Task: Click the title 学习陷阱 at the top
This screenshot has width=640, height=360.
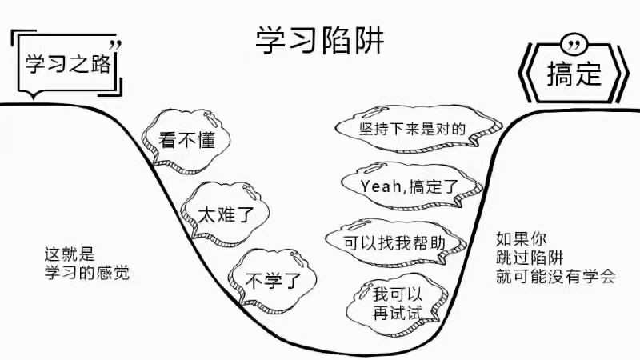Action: coord(319,40)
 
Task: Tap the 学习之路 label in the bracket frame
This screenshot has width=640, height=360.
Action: coord(68,64)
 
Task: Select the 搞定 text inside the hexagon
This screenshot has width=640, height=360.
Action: coord(574,74)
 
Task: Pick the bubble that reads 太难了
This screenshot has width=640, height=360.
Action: coord(225,214)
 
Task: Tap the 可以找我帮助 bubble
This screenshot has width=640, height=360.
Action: coord(394,242)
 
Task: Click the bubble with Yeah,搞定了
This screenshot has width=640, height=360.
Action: coord(410,186)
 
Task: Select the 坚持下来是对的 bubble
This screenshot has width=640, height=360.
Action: coord(416,129)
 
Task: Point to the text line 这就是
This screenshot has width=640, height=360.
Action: coord(70,254)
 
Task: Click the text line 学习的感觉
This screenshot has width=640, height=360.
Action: coord(87,272)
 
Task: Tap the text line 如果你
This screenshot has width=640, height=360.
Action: coord(522,238)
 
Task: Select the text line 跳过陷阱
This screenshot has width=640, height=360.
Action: coord(530,258)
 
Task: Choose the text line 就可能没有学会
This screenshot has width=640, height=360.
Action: coord(555,276)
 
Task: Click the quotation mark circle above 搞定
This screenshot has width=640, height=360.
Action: coord(574,44)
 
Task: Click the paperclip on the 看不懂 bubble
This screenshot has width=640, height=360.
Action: coord(210,118)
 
